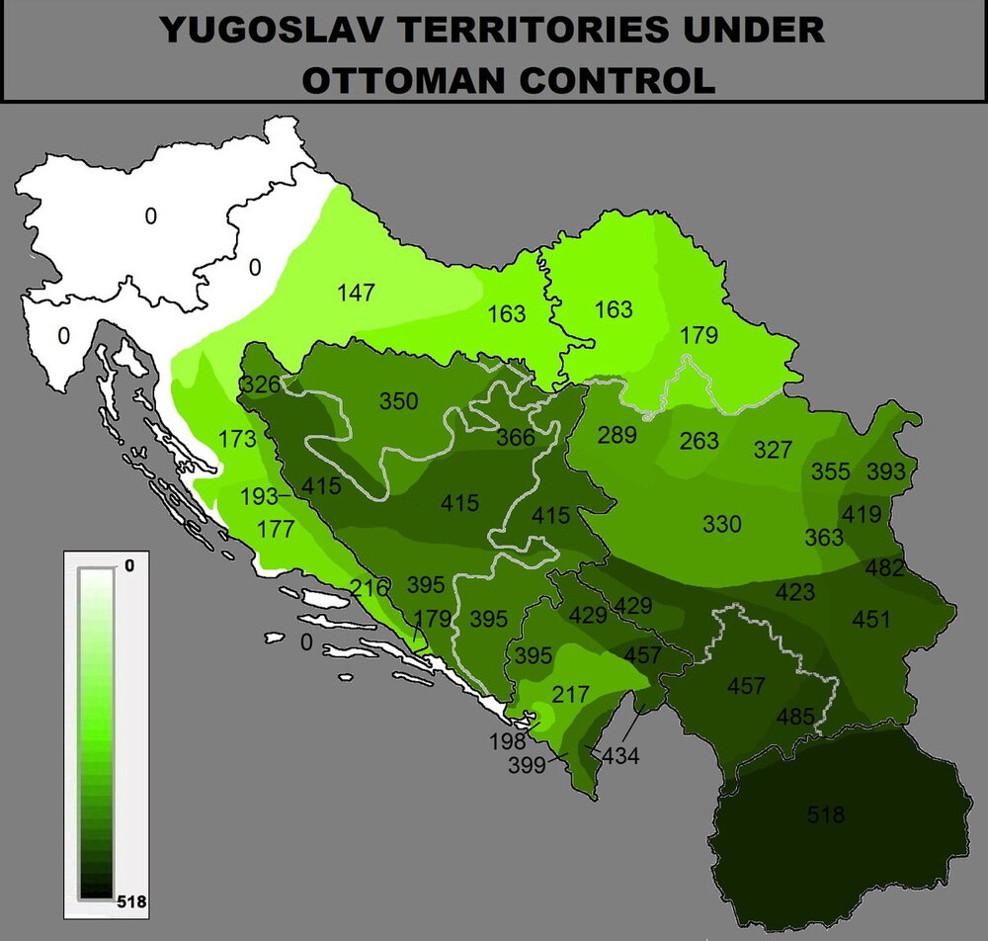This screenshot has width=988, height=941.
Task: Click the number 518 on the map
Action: (x=826, y=815)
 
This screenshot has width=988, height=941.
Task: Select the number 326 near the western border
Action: (x=260, y=383)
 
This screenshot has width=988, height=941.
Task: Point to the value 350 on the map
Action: (x=399, y=401)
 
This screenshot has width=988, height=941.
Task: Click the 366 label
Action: (x=516, y=438)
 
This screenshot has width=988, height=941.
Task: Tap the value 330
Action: (x=721, y=524)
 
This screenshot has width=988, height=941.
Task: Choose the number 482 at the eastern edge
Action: (x=884, y=568)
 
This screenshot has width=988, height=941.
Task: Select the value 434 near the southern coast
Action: (x=620, y=757)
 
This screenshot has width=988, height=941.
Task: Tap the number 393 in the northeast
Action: (x=886, y=471)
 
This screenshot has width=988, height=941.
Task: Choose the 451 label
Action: (x=871, y=620)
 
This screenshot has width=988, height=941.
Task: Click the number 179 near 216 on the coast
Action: (x=433, y=619)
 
